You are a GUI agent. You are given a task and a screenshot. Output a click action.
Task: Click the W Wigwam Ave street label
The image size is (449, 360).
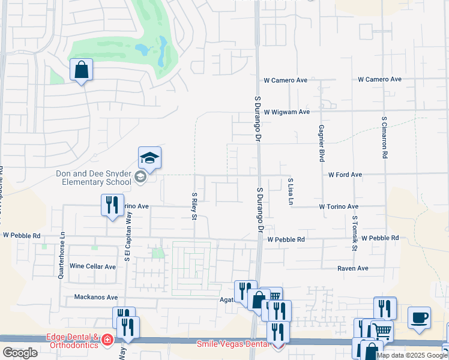tap(286, 112)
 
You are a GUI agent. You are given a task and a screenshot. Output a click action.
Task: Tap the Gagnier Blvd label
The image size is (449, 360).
tap(322, 143)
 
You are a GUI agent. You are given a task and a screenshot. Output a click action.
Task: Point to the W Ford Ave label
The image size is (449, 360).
tap(345, 175)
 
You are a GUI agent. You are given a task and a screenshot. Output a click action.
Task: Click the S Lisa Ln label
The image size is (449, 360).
tap(290, 192)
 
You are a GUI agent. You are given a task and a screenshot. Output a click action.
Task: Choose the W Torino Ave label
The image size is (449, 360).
tap(339, 206)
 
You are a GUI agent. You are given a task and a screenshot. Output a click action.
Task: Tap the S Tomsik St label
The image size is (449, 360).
tap(355, 233)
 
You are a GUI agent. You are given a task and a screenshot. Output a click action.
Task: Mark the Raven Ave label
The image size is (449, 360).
tap(352, 268)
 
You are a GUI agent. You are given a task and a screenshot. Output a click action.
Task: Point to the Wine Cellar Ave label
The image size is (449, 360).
tap(92, 266)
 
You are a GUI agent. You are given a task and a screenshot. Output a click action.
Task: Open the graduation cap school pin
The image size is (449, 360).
tap(149, 158)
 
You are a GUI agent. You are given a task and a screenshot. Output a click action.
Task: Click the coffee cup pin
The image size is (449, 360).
tap(419, 317)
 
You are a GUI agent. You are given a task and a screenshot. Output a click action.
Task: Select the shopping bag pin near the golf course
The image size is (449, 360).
tap(82, 70)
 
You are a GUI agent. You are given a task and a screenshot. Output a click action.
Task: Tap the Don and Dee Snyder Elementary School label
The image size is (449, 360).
tap(93, 178)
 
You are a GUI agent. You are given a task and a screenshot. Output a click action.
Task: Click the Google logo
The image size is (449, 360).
tap(20, 353)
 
